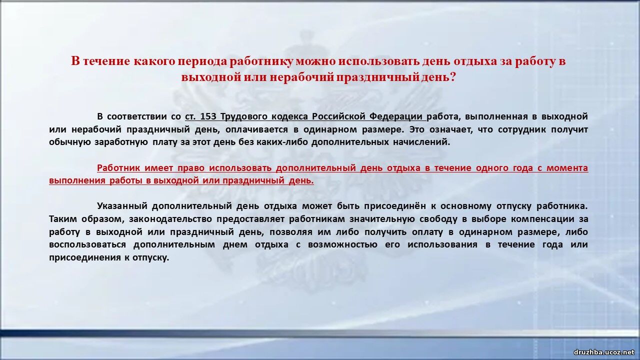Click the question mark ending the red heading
452,77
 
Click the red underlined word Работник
118,168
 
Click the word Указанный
122,206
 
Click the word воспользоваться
87,244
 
